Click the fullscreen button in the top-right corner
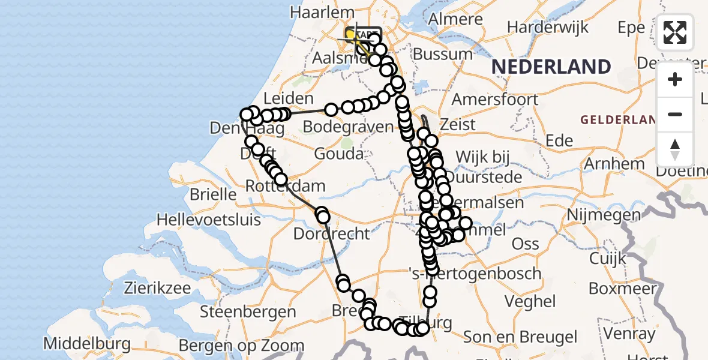coord(675,32)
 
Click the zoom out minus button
coord(675,114)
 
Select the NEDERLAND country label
coord(551,67)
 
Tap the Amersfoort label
coord(495,98)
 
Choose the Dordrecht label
coord(332,233)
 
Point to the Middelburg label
coord(88,344)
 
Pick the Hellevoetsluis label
coord(208,220)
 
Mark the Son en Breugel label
coord(521,337)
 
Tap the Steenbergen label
coord(248,311)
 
